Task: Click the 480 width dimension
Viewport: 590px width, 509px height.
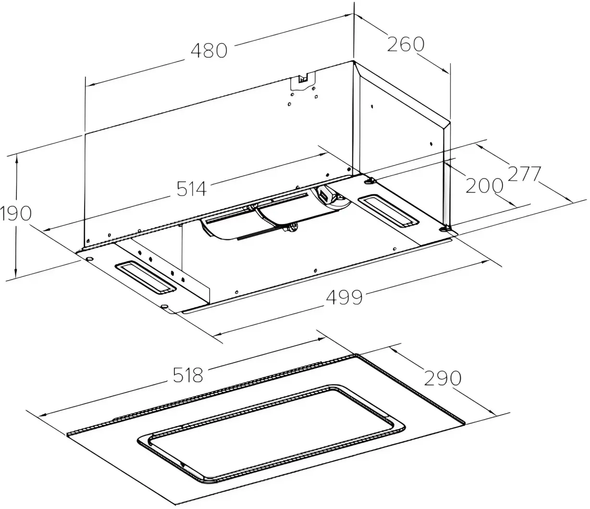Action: (x=209, y=50)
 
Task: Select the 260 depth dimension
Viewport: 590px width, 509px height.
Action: (x=406, y=44)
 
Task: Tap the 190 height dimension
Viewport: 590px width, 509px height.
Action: (x=15, y=213)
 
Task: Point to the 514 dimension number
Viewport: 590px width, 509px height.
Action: (x=191, y=189)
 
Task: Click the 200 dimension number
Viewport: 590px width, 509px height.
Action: (x=484, y=186)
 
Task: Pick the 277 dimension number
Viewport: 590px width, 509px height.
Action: (x=525, y=174)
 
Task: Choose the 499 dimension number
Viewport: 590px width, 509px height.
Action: (x=344, y=297)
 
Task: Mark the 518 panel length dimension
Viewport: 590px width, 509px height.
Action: (x=188, y=375)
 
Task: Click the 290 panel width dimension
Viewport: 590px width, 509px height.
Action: (x=442, y=378)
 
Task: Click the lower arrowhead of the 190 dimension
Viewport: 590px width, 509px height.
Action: (x=16, y=273)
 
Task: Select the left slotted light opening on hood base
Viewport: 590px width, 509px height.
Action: (x=145, y=277)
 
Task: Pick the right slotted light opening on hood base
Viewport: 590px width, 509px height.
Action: (x=389, y=211)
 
